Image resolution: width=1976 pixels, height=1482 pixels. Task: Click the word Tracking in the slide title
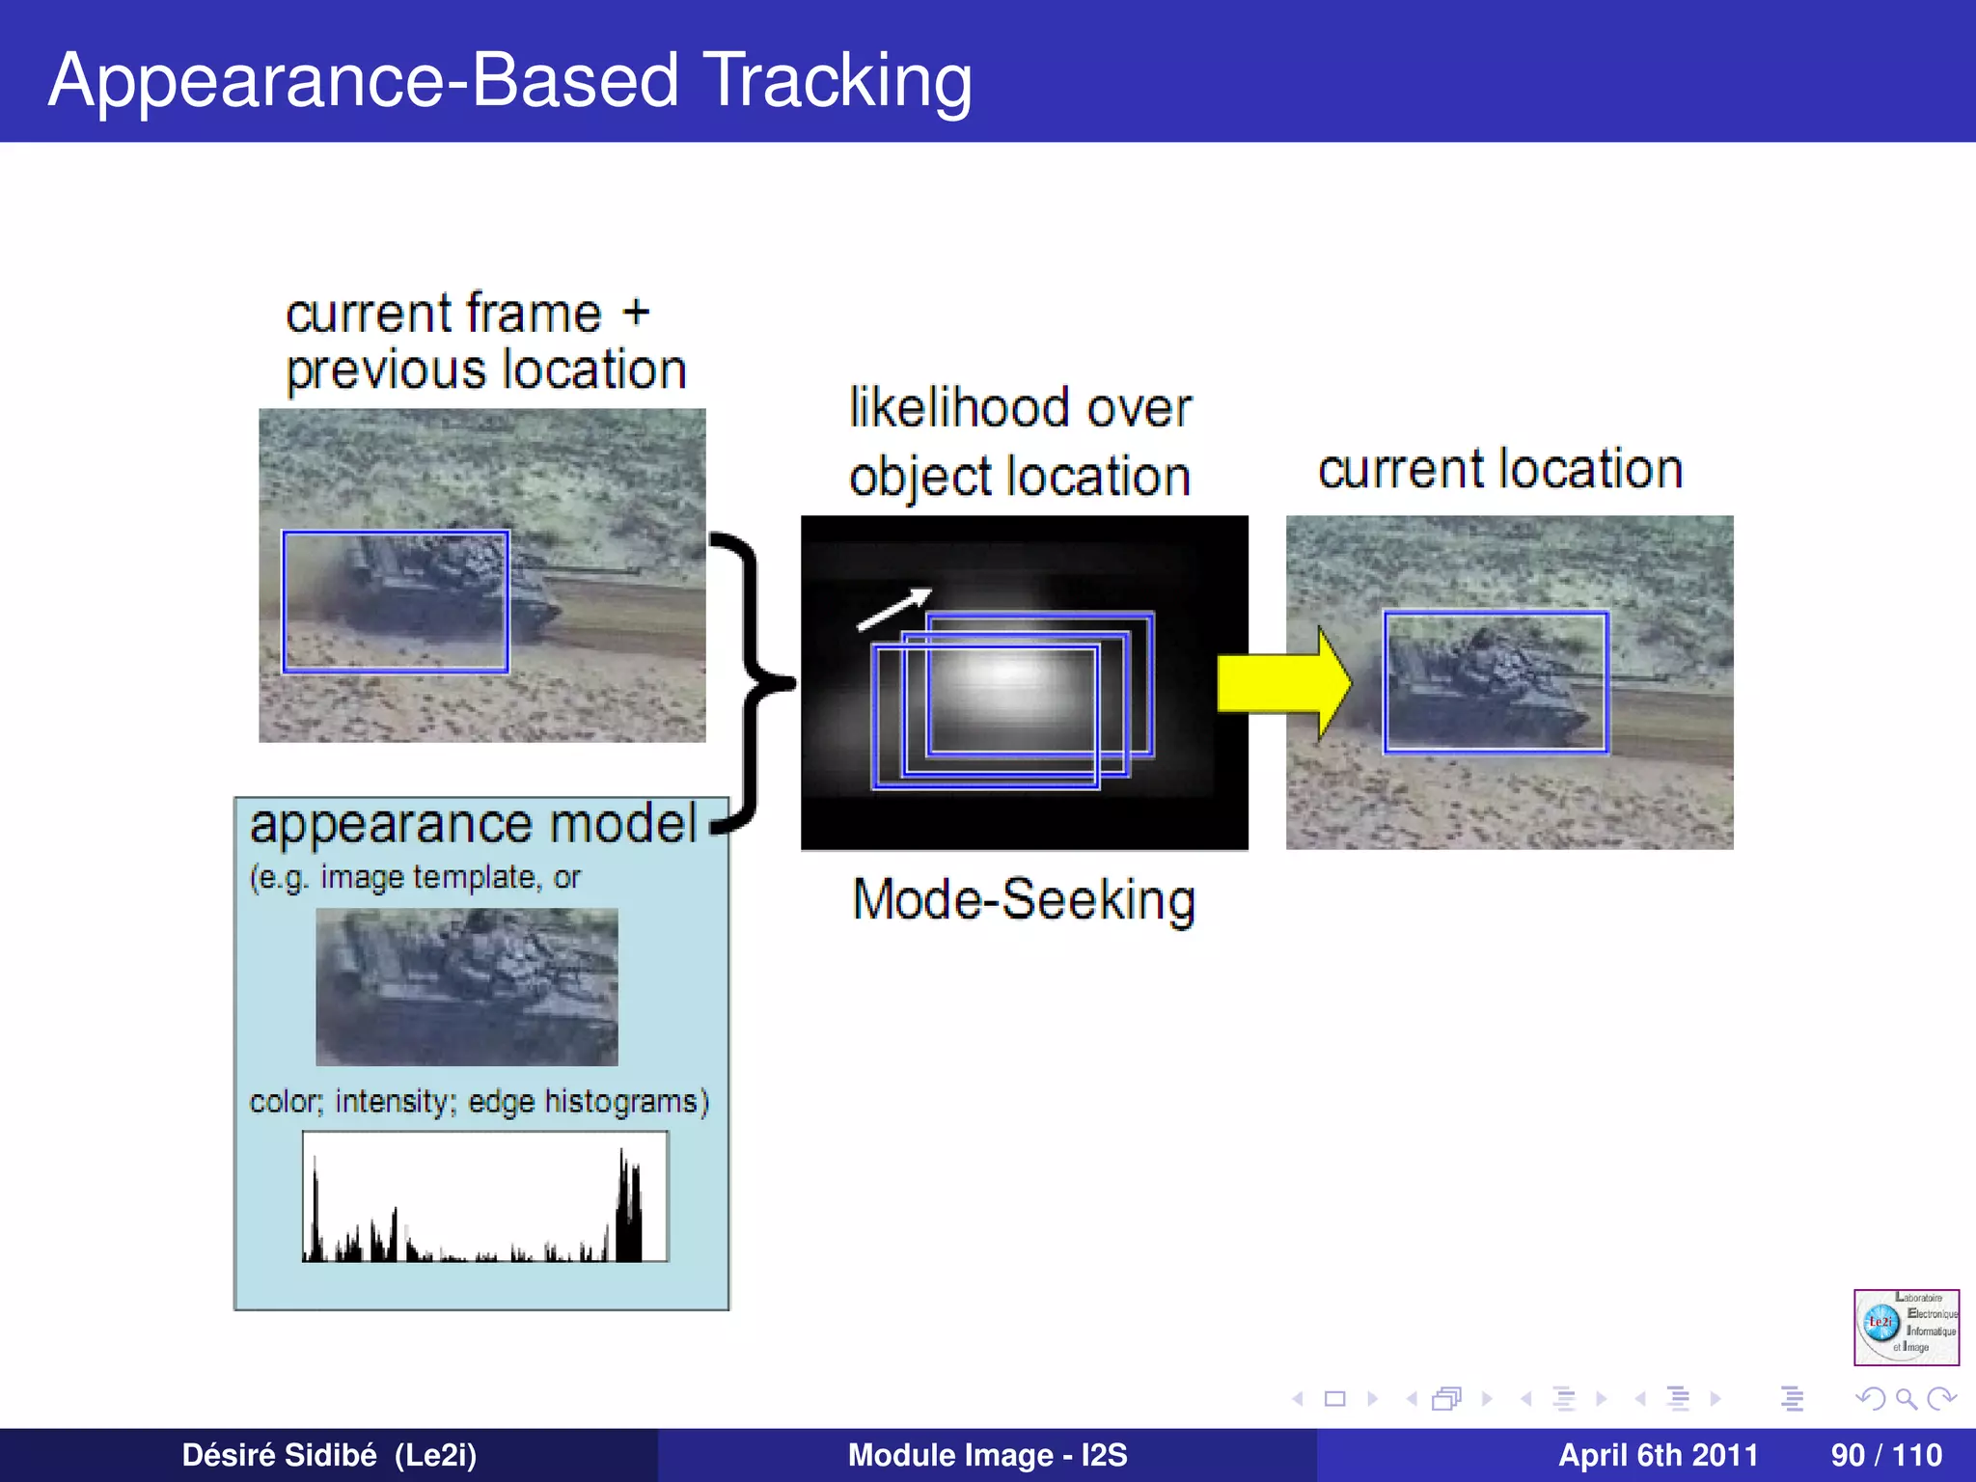(x=837, y=81)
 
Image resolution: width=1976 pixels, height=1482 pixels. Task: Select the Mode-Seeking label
(x=1024, y=900)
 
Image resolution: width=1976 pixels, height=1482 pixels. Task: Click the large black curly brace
(x=748, y=681)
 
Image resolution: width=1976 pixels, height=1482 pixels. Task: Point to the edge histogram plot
(x=485, y=1197)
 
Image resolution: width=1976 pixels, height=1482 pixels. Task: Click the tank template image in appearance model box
(x=467, y=986)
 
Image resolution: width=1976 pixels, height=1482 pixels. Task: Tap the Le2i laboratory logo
(x=1906, y=1327)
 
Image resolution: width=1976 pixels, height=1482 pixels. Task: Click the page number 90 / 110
(x=1885, y=1455)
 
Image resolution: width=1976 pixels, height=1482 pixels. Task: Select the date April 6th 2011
(x=1658, y=1455)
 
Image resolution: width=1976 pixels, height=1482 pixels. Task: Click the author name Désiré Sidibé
(x=280, y=1455)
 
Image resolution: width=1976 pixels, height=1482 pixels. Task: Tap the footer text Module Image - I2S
(x=987, y=1455)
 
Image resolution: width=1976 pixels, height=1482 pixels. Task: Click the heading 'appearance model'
(x=473, y=825)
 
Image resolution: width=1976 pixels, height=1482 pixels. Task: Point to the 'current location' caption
(x=1500, y=470)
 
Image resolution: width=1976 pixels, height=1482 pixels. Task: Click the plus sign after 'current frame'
(x=636, y=313)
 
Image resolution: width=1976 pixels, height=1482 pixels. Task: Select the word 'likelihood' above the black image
(x=960, y=407)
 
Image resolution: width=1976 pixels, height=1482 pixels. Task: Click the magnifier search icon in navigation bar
(x=1906, y=1398)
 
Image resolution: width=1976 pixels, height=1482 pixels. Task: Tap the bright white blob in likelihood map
(x=1008, y=675)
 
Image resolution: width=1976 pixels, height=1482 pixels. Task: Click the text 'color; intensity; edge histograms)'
(x=480, y=1101)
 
